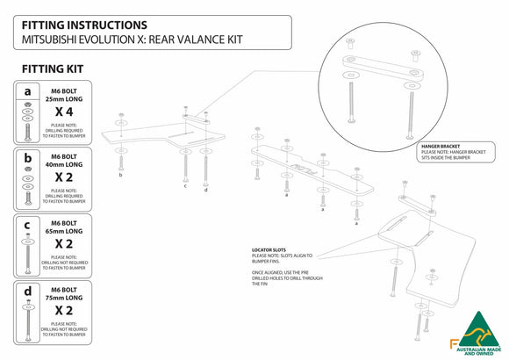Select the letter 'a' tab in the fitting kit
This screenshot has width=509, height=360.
(x=29, y=90)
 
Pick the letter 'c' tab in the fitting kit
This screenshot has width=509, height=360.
(x=29, y=224)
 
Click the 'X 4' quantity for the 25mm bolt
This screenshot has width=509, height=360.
(x=63, y=112)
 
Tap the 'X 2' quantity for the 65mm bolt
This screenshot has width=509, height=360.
(x=63, y=243)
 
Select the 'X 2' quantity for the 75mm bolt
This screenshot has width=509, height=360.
(x=63, y=310)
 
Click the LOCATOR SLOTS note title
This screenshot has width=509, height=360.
(x=269, y=249)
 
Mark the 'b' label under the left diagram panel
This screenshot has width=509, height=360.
(x=120, y=175)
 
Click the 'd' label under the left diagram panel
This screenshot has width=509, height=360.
(x=206, y=190)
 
